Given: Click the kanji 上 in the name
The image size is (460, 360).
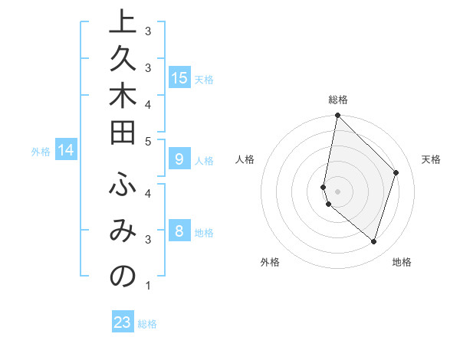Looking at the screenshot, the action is click(123, 24).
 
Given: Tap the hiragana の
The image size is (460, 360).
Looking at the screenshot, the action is click(123, 277).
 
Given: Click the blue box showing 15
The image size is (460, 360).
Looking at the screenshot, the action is click(179, 78).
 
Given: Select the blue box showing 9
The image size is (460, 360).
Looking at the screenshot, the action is click(179, 159).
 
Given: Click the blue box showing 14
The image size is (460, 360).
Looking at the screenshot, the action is click(67, 151).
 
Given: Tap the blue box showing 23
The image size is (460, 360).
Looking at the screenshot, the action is click(123, 322).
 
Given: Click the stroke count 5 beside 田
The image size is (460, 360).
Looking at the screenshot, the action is click(148, 141).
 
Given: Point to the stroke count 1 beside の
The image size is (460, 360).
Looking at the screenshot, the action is click(148, 286).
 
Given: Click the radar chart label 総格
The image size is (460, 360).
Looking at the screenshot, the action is click(338, 100).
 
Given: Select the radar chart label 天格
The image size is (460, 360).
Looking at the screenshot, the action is click(432, 159).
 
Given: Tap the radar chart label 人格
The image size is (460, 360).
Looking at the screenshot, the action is click(245, 159).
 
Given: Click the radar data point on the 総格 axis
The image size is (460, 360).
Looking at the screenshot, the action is click(337, 116).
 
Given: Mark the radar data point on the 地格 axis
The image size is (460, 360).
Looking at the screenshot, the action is click(373, 241).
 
